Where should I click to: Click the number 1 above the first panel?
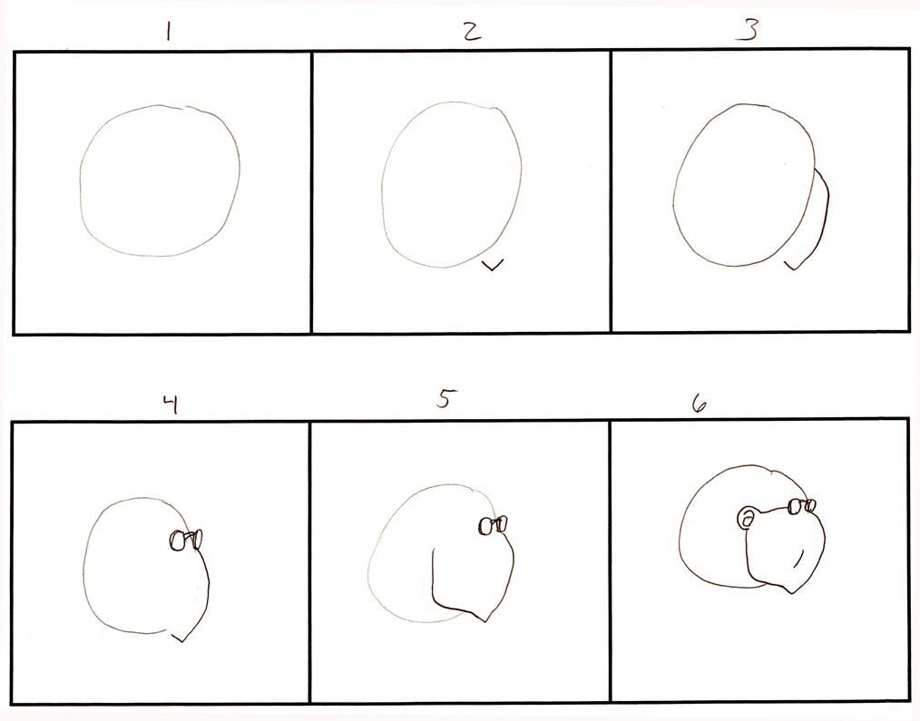167,33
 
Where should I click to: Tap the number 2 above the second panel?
470,32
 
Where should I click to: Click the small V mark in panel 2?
493,265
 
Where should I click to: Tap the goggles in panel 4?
185,540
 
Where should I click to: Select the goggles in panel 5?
493,524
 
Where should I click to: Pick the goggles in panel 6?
801,506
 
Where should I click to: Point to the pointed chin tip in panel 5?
486,620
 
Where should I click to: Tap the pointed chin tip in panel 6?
795,592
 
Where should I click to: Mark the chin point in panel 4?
182,640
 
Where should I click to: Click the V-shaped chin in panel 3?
796,267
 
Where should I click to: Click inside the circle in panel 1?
161,181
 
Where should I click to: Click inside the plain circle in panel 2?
451,186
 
